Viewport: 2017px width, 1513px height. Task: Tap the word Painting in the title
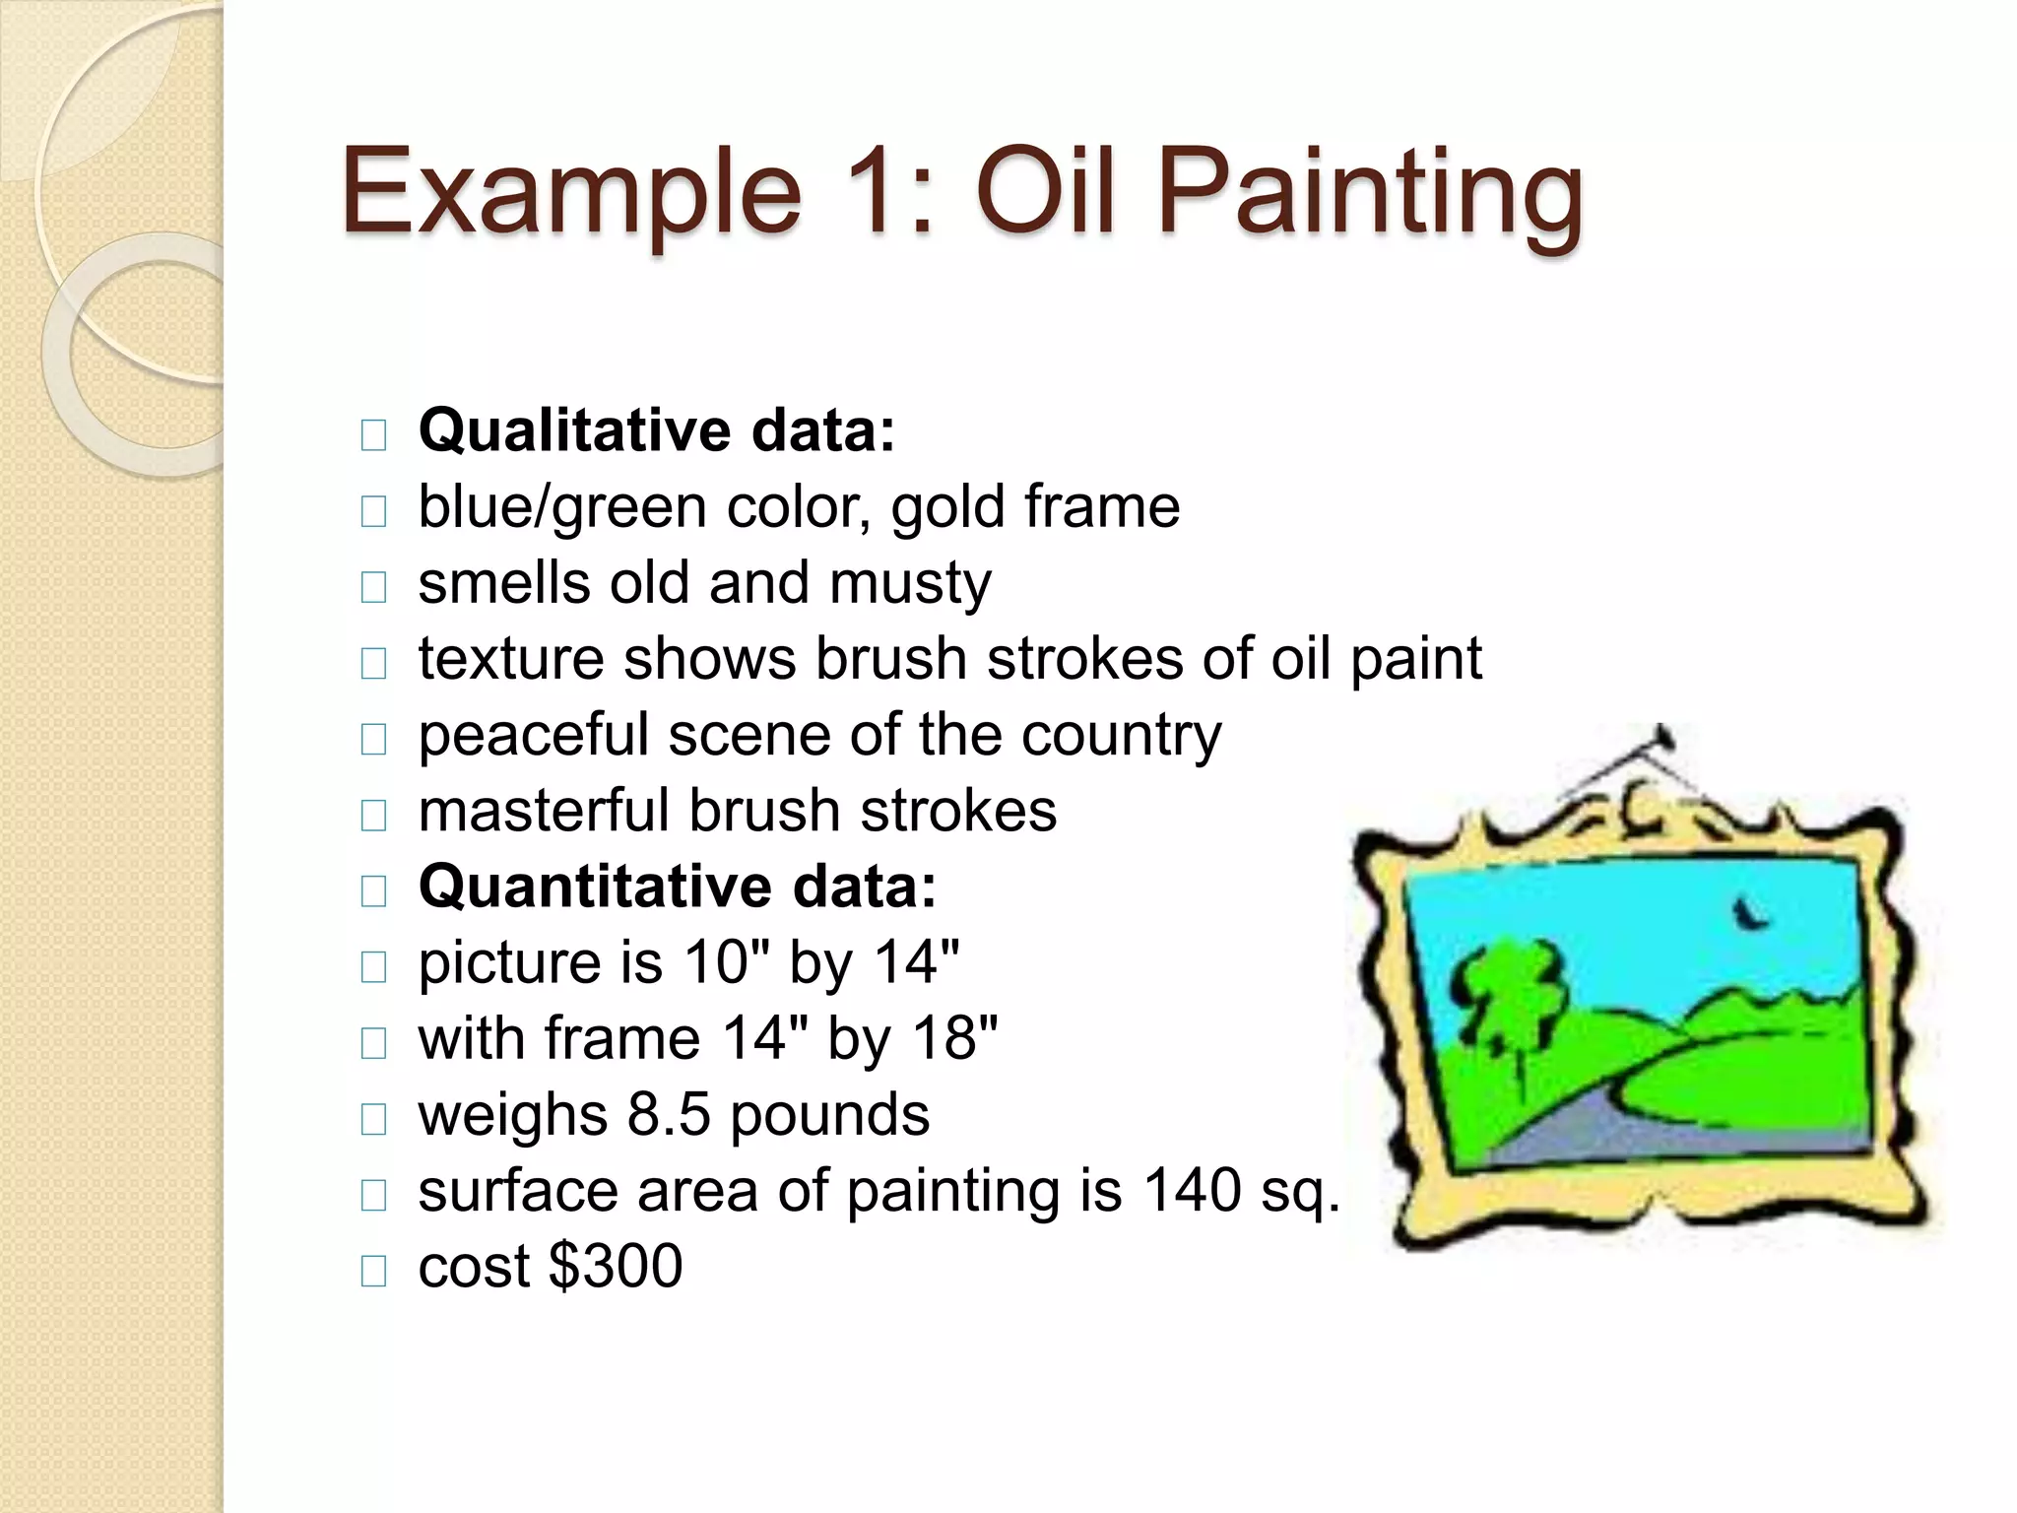coord(1369,194)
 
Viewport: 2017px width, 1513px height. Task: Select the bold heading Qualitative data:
coord(657,431)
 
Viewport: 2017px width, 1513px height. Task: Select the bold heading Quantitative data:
coord(678,887)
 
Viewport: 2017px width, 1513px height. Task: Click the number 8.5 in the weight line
coord(668,1114)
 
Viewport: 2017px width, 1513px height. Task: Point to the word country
coord(1121,737)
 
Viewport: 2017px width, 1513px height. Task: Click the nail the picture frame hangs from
coord(1664,737)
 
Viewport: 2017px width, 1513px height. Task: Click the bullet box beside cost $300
coord(374,1271)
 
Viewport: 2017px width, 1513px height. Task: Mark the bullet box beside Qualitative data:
coord(374,435)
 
